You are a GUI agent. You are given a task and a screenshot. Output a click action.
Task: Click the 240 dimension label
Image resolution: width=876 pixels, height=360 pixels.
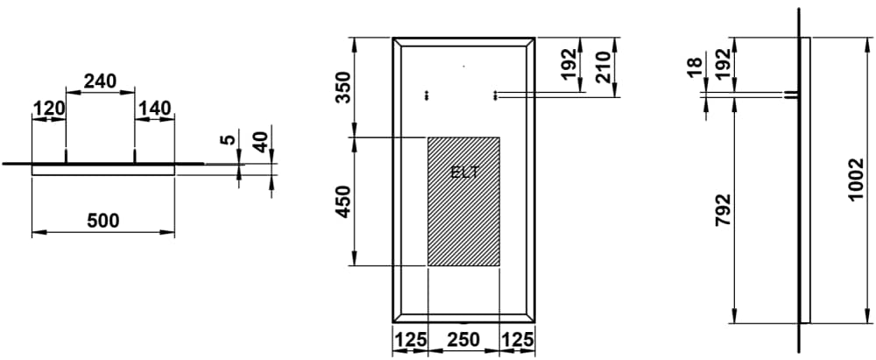[x=100, y=81]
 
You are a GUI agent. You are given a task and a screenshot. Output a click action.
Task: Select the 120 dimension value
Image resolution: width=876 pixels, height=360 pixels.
[x=49, y=109]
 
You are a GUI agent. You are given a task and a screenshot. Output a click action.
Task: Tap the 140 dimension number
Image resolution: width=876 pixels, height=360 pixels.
[x=154, y=109]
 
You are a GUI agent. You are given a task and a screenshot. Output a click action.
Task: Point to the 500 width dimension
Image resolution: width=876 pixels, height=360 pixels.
[x=103, y=221]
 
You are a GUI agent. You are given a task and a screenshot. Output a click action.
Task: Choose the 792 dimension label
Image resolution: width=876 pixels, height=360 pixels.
[x=723, y=210]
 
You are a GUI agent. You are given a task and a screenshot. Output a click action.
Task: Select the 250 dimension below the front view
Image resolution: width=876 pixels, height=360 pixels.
[x=463, y=339]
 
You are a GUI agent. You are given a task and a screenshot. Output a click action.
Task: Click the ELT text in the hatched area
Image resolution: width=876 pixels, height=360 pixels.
[x=464, y=173]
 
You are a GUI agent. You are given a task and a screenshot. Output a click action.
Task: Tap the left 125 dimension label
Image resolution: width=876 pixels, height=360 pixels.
[x=411, y=339]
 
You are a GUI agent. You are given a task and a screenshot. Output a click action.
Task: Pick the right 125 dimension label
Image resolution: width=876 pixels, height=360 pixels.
[x=518, y=339]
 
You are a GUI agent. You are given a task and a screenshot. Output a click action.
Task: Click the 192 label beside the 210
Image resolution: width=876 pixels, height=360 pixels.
[x=569, y=65]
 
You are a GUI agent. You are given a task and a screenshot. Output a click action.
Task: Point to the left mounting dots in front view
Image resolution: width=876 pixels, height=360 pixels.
[x=427, y=96]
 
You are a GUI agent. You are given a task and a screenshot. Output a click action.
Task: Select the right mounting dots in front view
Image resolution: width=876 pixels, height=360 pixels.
[x=494, y=96]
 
